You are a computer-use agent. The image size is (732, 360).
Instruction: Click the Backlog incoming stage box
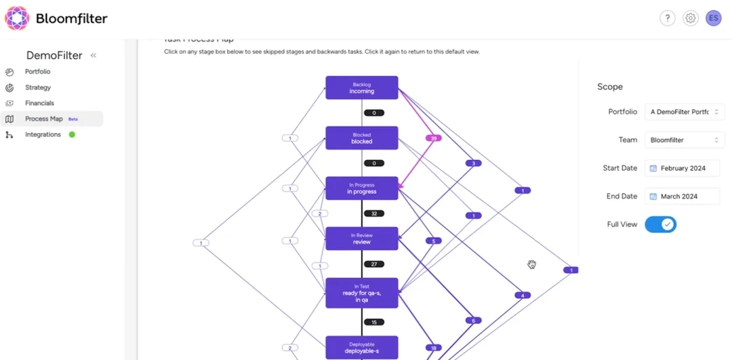point(361,87)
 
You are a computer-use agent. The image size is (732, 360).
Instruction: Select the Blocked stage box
point(361,138)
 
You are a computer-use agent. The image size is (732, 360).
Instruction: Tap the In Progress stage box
point(361,188)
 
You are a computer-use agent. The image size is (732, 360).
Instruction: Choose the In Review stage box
point(361,238)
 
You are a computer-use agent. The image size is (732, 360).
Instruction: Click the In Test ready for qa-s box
point(361,292)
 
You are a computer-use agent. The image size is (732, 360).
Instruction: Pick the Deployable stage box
point(361,347)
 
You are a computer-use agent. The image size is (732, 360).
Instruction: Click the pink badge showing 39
point(434,138)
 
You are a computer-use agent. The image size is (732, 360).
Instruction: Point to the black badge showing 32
point(374,214)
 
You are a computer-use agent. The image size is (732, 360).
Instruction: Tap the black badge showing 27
point(374,264)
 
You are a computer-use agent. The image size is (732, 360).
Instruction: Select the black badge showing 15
point(374,322)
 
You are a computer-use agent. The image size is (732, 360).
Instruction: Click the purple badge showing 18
point(434,348)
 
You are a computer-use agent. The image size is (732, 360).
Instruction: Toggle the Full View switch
point(660,224)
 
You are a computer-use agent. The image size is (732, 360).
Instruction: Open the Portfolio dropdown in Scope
point(685,112)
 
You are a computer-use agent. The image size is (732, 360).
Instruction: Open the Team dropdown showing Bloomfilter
point(685,140)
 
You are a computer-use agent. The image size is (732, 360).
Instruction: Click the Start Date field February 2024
point(682,168)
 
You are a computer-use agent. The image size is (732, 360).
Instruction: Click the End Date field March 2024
point(682,197)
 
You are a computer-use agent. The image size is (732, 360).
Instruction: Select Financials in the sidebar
point(39,103)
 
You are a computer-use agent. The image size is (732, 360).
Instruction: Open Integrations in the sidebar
point(43,134)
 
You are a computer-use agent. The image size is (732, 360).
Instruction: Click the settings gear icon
point(690,18)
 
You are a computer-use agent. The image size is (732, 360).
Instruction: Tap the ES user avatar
point(713,18)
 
